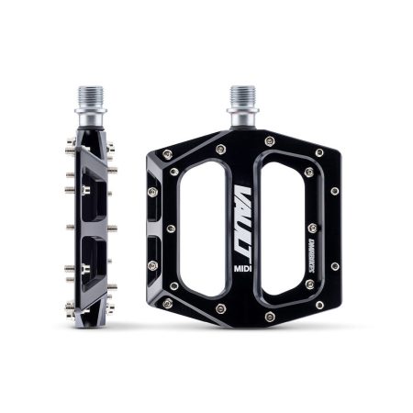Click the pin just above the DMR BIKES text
(313, 226)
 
